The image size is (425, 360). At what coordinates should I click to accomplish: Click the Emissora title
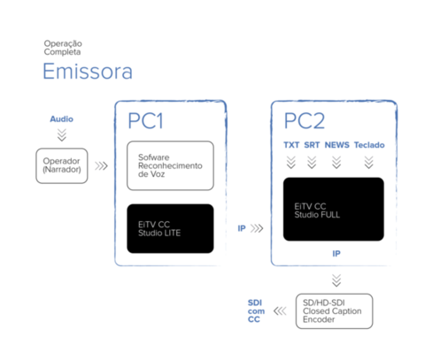coord(88,71)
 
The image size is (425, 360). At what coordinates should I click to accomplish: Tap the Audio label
coord(61,119)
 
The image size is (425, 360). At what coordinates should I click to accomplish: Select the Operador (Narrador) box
coord(62,165)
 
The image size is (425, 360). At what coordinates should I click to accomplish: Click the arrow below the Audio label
coord(62,135)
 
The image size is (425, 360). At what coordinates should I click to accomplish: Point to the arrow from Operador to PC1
coord(101,166)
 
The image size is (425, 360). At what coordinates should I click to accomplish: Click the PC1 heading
coord(145,121)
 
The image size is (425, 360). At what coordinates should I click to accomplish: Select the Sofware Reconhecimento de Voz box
coord(170,165)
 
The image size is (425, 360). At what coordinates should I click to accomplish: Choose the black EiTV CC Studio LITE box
coord(170,228)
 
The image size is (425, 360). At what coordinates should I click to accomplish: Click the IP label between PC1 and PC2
coord(242,228)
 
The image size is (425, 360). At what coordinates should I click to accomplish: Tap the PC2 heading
coord(305,121)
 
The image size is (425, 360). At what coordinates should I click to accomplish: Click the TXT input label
coord(291,145)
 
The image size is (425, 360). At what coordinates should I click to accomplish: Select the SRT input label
coord(312,145)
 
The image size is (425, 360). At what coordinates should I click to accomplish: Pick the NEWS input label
coord(336,145)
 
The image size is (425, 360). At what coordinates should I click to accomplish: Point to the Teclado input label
coord(369,145)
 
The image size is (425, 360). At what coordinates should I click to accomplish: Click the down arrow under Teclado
coord(369,163)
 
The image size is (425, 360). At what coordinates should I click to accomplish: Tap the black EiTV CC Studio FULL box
coord(334,209)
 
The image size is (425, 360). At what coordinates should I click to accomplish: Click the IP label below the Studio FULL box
coord(336,254)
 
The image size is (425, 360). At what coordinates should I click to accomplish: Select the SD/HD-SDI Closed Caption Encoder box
coord(334,311)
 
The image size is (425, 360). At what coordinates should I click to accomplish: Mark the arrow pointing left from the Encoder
coord(280,311)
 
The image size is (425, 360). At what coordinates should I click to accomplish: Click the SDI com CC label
coord(256,311)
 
